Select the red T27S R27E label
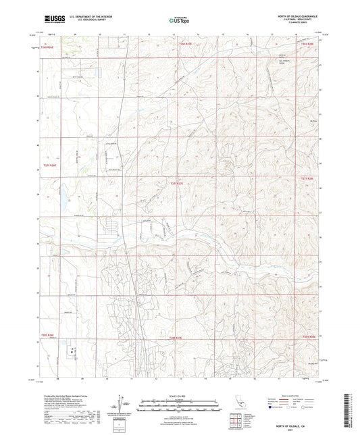point(177,182)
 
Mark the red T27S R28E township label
point(307,178)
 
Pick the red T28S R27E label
point(176,337)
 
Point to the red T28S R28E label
point(309,336)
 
